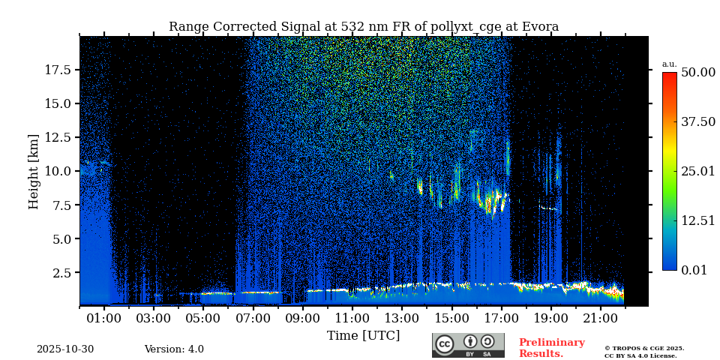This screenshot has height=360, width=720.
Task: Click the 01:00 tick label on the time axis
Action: pos(103,319)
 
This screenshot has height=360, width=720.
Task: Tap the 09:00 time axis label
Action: pos(303,319)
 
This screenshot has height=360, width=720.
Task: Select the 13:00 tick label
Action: pos(402,319)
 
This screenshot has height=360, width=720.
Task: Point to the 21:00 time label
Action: pos(601,319)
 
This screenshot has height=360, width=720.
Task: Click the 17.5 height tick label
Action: pos(58,70)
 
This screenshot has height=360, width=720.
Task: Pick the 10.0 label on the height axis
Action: pos(58,171)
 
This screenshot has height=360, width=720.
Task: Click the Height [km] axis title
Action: pos(34,171)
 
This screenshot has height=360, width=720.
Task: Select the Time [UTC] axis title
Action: pos(363,335)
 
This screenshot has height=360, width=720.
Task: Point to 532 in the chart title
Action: pos(353,27)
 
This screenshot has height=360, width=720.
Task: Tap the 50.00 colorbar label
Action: pos(698,72)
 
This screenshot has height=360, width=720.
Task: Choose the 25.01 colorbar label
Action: pos(698,171)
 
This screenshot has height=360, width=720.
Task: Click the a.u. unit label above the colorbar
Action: pos(669,64)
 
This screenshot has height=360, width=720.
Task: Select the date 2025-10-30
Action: pos(65,349)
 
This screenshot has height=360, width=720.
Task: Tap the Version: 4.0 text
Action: pos(174,349)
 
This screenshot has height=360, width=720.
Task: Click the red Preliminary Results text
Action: pos(551,348)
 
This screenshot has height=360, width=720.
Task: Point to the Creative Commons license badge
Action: pos(468,345)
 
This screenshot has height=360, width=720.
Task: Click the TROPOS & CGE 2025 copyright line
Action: pos(644,348)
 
